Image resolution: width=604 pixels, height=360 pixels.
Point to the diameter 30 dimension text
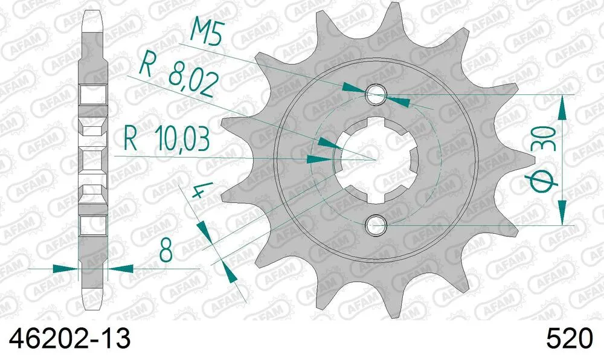tap(544, 161)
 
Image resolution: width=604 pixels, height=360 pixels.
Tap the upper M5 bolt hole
tap(376, 93)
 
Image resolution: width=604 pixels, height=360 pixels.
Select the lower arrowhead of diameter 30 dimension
tap(563, 213)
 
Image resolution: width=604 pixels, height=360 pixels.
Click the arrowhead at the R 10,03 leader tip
tap(318, 159)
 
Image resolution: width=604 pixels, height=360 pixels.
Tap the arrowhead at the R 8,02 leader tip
tap(326, 143)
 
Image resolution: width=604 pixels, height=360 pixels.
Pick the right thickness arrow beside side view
tap(121, 268)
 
